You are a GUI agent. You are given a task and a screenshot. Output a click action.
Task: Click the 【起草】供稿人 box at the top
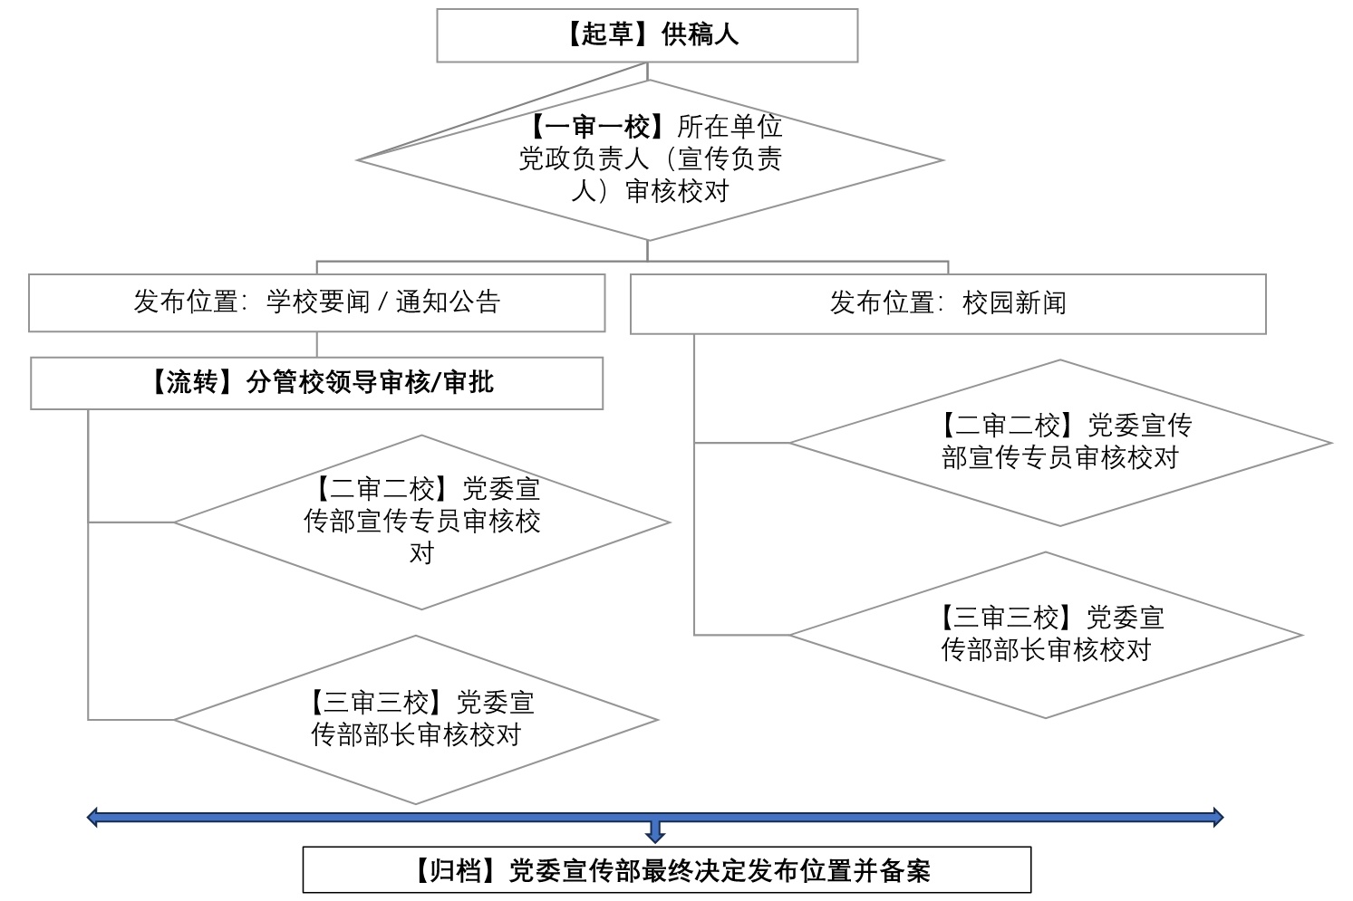click(647, 35)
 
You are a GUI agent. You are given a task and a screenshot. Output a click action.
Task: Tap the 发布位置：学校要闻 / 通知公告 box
click(316, 302)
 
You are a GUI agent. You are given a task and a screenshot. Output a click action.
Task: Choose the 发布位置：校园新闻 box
click(947, 303)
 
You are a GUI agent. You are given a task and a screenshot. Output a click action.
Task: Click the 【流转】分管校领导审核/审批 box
click(316, 383)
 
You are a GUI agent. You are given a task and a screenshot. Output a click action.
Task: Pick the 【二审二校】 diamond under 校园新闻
click(1059, 443)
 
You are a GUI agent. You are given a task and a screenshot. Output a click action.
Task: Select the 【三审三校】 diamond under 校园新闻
click(1046, 635)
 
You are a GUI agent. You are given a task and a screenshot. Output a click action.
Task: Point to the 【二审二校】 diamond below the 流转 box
click(421, 522)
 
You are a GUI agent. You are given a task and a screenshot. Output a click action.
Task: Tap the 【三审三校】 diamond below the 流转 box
click(416, 720)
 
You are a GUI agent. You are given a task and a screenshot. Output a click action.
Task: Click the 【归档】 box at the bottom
click(666, 870)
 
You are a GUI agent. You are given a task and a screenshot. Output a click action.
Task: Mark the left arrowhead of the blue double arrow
click(93, 818)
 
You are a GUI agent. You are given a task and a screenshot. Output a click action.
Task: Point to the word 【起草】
click(607, 35)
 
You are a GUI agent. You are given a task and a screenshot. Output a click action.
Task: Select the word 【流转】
click(192, 383)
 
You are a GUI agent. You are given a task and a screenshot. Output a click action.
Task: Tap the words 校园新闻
click(1014, 303)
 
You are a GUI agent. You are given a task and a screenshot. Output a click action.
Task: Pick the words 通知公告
click(448, 302)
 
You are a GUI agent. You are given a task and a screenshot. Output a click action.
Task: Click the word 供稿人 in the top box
click(700, 35)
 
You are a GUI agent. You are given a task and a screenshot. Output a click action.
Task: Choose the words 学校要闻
click(318, 302)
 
